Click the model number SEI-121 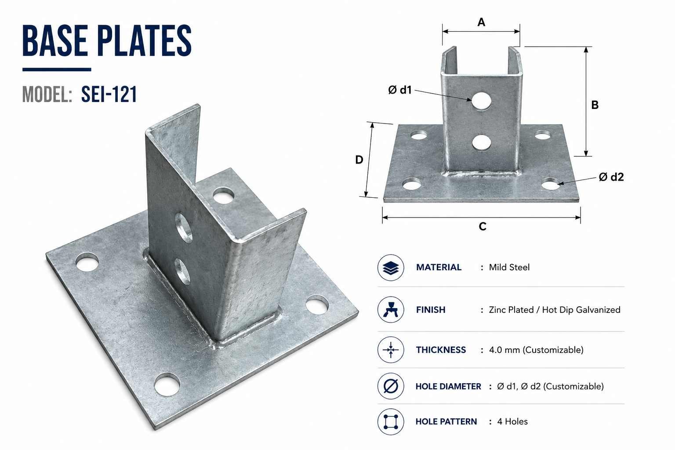[109, 94]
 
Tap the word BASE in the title [55, 41]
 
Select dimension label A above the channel [481, 22]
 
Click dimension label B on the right [595, 105]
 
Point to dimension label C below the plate [483, 226]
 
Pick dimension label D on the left [359, 160]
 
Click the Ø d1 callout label [400, 90]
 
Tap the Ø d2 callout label [611, 177]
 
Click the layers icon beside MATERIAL [391, 268]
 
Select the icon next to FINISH [391, 309]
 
